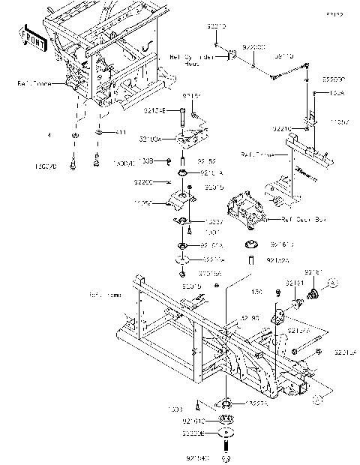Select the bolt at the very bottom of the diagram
(225, 455)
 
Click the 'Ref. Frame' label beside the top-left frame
(36, 84)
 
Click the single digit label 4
(48, 136)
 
